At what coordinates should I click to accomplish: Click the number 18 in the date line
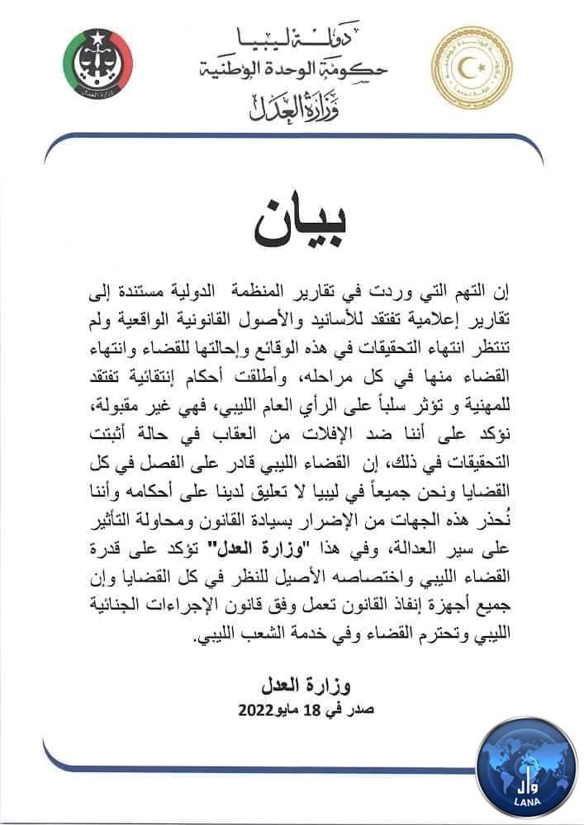tap(287, 709)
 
